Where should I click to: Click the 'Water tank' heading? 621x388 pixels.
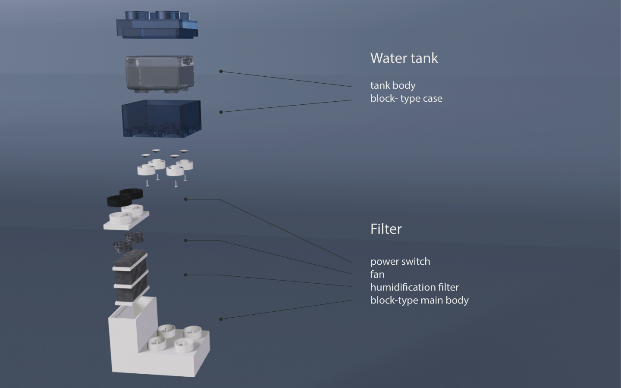(404, 58)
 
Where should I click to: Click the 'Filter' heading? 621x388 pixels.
(386, 229)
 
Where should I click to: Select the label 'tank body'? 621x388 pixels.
(392, 85)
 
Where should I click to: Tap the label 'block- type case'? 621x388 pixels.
(406, 98)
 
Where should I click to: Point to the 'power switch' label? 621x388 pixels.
(400, 261)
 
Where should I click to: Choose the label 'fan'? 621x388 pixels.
(377, 274)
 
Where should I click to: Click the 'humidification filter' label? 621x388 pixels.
(414, 287)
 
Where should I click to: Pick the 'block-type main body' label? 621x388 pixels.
(419, 300)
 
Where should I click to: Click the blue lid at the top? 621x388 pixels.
(157, 26)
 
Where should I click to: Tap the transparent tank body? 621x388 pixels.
(159, 73)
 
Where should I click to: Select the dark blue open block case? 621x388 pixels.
(161, 118)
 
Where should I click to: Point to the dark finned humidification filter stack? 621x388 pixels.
(130, 276)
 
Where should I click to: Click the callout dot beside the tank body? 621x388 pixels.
(221, 71)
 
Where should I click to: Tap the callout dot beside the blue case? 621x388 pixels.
(221, 112)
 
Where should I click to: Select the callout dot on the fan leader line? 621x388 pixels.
(186, 240)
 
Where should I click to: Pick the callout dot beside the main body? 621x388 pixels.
(221, 319)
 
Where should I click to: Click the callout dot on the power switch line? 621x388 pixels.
(186, 199)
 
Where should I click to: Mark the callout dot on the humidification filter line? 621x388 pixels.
(186, 275)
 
